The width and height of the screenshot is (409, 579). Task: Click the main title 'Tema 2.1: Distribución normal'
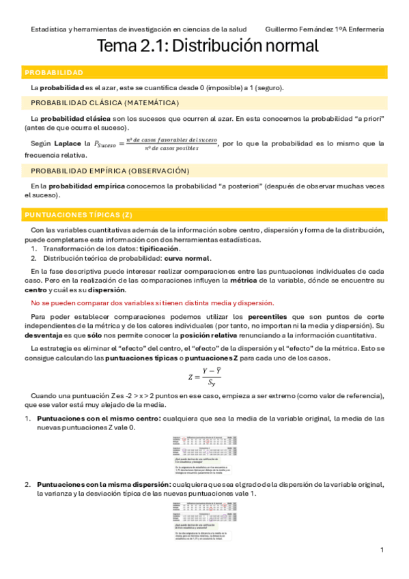208,46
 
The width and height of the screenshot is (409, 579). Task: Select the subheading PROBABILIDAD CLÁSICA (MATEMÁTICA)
105,103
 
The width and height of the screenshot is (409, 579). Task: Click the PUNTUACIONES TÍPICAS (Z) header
79,215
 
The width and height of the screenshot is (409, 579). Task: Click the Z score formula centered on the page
204,377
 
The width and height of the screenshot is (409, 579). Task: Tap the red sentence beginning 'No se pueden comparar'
152,303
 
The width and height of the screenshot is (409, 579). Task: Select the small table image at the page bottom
204,521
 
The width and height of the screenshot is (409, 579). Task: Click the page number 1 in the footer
382,550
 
